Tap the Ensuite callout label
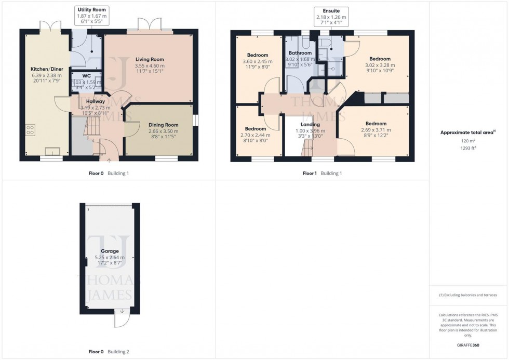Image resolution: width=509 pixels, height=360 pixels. (x=331, y=10)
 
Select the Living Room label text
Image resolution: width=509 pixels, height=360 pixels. (x=150, y=59)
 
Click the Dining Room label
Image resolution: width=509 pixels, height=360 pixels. (x=163, y=125)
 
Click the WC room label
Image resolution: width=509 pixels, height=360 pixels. (x=86, y=75)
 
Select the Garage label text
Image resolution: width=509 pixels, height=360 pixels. (x=110, y=251)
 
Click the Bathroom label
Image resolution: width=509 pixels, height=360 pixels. (x=300, y=53)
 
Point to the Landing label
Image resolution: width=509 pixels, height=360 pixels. (x=310, y=125)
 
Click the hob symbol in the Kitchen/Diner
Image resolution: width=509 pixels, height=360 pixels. (x=30, y=130)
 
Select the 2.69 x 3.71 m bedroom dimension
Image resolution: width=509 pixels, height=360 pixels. (x=376, y=130)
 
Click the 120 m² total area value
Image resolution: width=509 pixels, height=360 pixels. (x=469, y=141)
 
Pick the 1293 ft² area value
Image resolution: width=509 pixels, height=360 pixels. (x=469, y=149)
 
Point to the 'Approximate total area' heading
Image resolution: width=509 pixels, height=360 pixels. (x=468, y=132)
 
